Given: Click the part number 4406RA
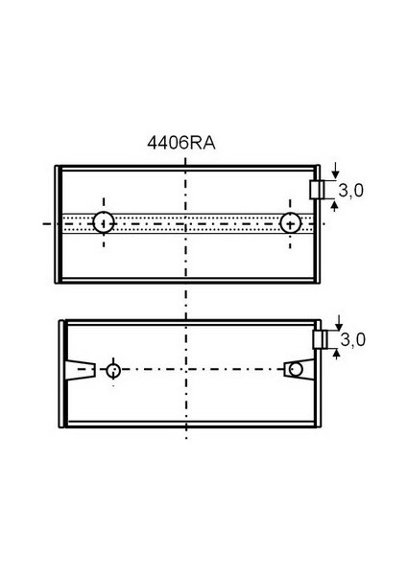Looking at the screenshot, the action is [181, 143].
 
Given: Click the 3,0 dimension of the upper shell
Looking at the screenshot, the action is [350, 191].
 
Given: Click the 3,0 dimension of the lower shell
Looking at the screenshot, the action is [352, 339].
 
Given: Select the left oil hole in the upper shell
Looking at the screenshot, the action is [104, 222].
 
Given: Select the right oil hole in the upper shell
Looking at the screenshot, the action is [290, 223].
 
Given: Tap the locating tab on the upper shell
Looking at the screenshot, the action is [317, 190].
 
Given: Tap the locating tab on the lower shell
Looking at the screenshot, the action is [320, 339].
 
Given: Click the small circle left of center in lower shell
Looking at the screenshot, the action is [113, 371].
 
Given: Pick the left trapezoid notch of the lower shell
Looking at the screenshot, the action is [81, 370].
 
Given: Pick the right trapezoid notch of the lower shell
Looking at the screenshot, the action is [299, 370].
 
